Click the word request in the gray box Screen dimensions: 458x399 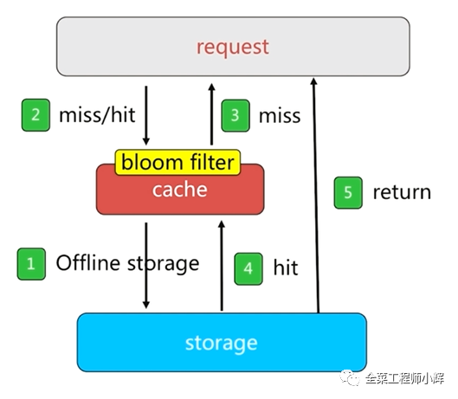click(233, 48)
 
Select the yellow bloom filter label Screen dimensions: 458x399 click(177, 163)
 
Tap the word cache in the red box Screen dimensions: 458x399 click(179, 190)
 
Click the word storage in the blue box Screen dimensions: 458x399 click(222, 344)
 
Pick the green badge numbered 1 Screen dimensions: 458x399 click(31, 264)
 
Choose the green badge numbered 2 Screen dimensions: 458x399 click(35, 115)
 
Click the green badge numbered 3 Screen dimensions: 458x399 click(235, 116)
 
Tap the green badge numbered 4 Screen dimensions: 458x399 click(248, 268)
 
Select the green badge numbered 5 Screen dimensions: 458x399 click(348, 193)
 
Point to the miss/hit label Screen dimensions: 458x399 click(97, 115)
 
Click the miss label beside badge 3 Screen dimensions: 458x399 click(280, 116)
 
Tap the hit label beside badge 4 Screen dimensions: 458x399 click(286, 267)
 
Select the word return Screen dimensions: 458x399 click(402, 193)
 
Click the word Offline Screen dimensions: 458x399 click(87, 262)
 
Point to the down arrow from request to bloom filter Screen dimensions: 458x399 click(146, 115)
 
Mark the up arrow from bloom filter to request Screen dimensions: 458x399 click(212, 114)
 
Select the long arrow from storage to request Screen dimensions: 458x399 click(316, 196)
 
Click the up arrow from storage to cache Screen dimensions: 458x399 click(222, 266)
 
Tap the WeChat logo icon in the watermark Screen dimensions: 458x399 click(350, 377)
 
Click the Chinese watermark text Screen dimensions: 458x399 click(404, 378)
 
